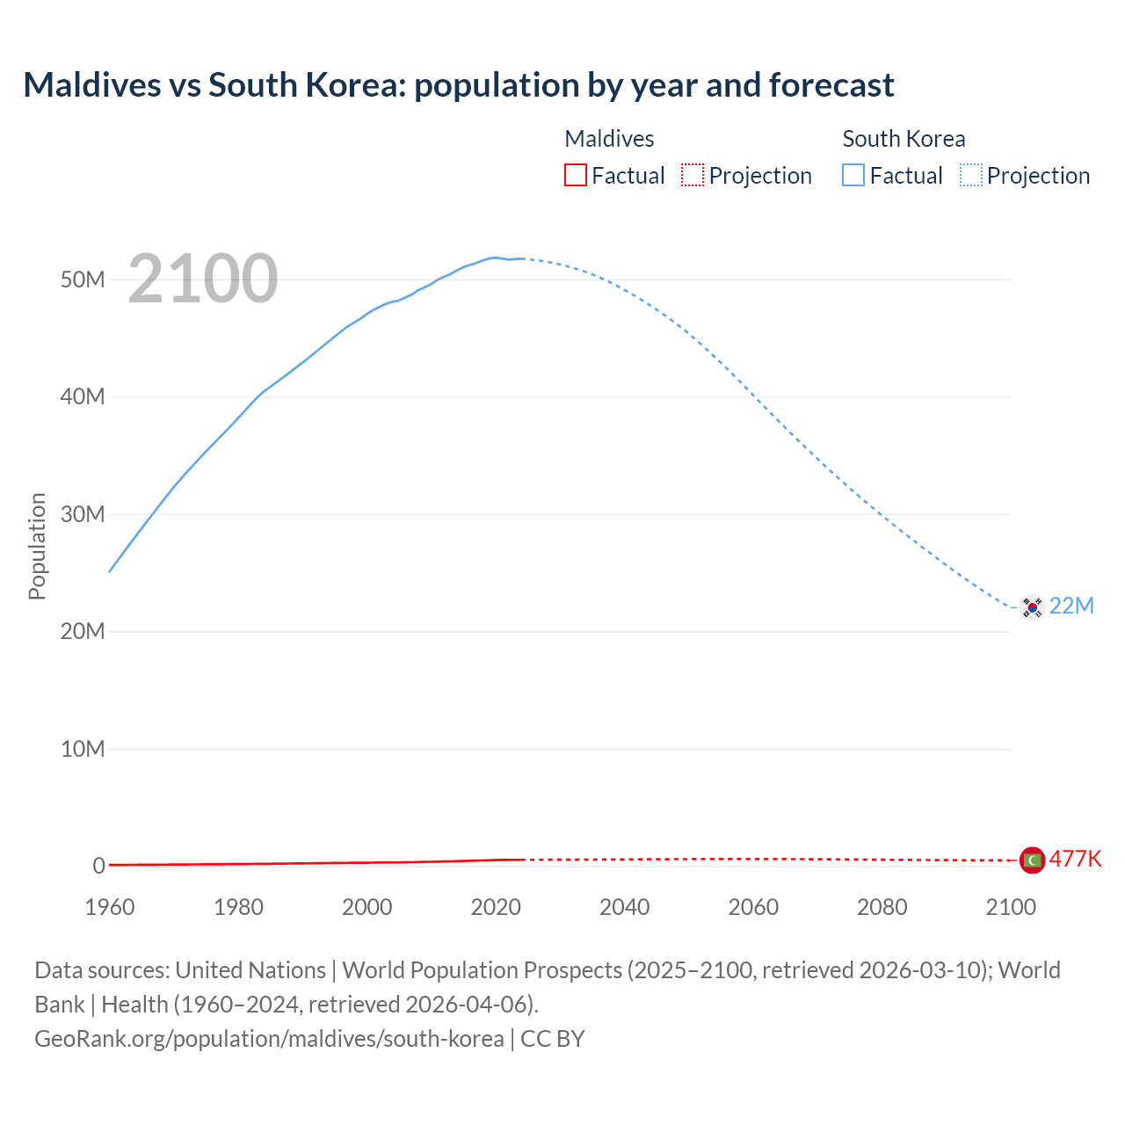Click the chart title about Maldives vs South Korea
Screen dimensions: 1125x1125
pos(458,85)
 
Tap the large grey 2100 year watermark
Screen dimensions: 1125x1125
pos(203,279)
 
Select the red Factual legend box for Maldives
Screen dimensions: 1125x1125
pos(575,176)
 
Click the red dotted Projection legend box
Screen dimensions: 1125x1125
pos(693,176)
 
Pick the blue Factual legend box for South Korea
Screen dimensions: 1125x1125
pos(853,176)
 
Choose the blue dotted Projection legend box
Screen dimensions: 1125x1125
pos(971,176)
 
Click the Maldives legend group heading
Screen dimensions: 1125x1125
pos(609,139)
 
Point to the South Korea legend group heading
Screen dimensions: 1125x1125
pos(904,139)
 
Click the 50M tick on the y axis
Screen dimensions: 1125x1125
pos(83,279)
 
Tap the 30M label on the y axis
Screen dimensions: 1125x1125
pos(83,514)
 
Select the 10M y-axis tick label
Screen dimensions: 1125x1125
pos(83,749)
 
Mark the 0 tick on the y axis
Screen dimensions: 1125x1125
pos(98,866)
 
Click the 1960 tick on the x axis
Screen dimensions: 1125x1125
pos(110,907)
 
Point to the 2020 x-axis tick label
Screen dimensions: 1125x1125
pos(496,907)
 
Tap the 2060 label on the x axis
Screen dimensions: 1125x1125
pos(753,907)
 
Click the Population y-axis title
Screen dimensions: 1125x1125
pos(37,546)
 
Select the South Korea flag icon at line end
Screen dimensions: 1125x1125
pos(1032,606)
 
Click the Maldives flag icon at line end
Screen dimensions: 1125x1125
pos(1032,860)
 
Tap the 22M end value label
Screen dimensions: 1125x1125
pos(1071,606)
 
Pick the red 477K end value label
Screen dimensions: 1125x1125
pos(1075,859)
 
